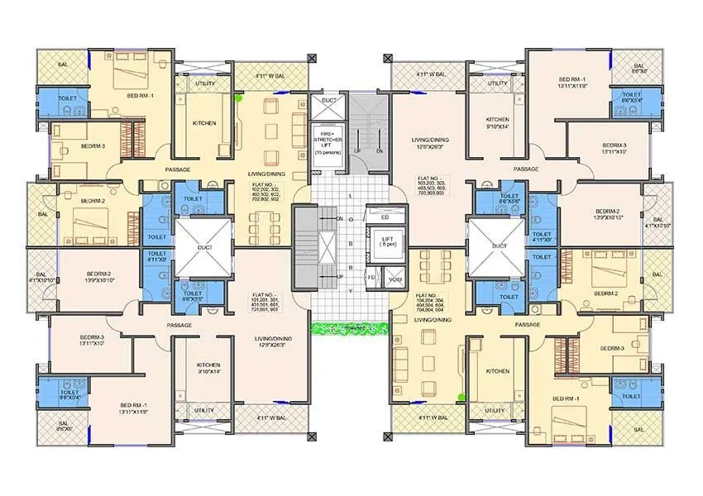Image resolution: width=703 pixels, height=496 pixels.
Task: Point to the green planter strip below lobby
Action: coord(347,327)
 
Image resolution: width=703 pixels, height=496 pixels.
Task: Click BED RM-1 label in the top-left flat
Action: coord(140,97)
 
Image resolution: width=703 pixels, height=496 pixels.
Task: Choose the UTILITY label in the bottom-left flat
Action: coord(204,411)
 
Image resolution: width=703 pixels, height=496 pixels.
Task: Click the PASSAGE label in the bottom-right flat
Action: coord(527,325)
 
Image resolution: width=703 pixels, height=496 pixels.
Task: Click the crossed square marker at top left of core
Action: coord(312,58)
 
